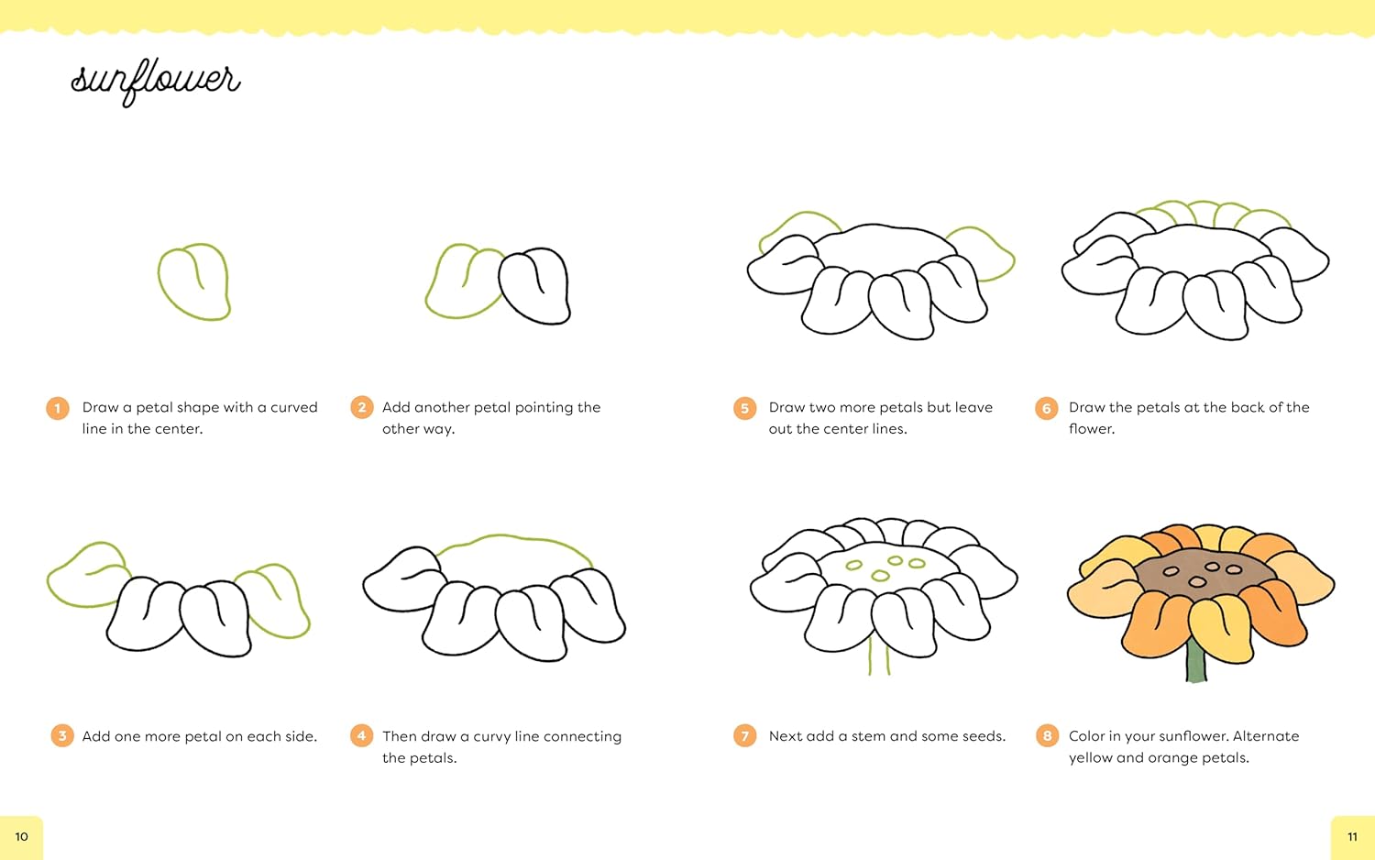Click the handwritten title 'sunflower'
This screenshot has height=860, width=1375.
point(155,82)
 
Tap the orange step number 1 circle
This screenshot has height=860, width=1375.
point(58,408)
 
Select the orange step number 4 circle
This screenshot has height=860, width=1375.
point(361,735)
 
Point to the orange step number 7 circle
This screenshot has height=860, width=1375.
point(744,735)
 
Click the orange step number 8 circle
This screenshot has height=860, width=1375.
point(1047,735)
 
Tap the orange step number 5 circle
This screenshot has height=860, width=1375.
point(744,408)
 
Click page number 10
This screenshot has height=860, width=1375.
point(21,837)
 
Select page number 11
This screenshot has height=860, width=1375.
point(1352,837)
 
